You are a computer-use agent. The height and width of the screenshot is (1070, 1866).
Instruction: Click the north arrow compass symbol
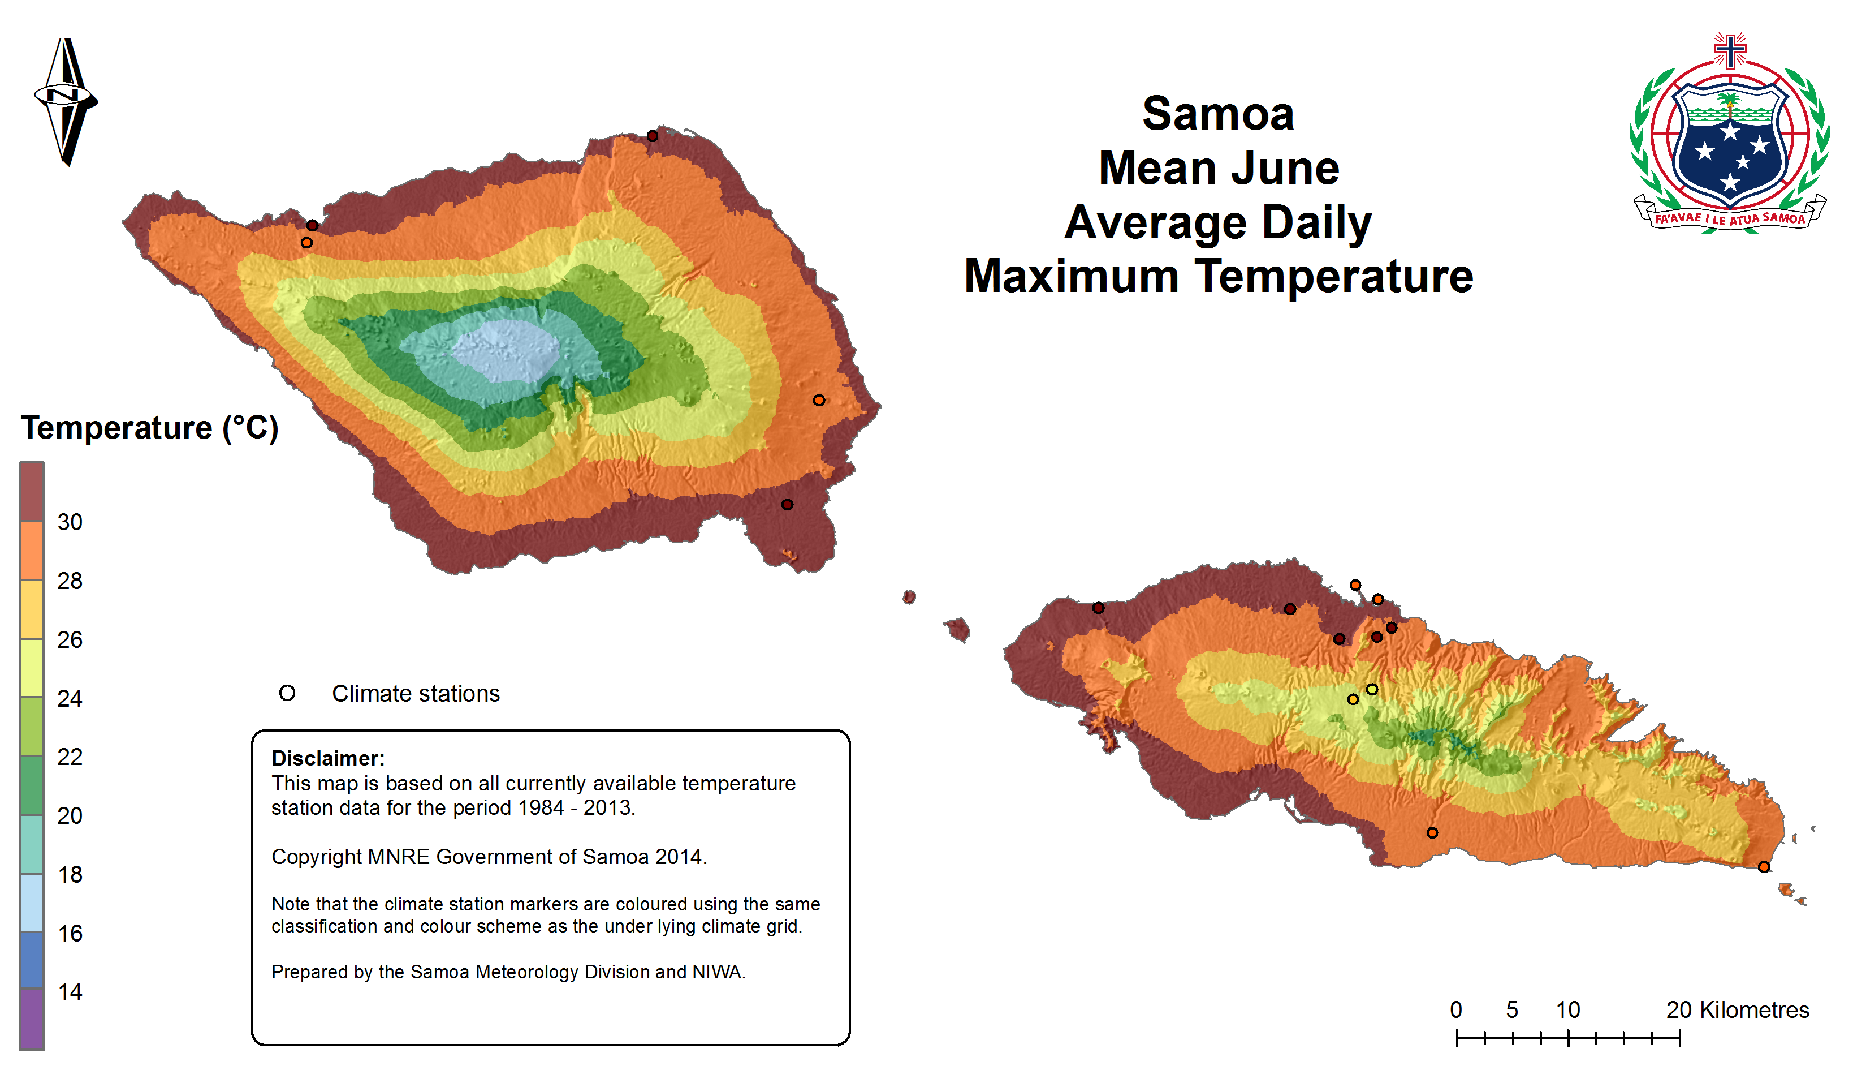point(66,101)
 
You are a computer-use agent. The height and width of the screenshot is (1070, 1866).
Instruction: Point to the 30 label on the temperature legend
point(70,522)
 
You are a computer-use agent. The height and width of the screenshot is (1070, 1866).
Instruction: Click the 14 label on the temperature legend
point(70,992)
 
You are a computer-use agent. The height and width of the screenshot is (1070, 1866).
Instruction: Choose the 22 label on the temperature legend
point(70,757)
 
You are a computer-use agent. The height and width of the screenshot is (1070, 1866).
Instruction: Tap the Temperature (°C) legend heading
point(150,428)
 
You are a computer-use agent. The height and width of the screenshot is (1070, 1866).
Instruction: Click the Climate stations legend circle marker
point(287,693)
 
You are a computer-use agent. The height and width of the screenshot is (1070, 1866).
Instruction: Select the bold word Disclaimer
point(327,758)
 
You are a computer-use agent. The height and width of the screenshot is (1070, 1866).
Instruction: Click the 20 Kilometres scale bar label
point(1737,1011)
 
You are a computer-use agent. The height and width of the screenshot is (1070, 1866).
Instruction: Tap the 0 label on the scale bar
point(1456,1011)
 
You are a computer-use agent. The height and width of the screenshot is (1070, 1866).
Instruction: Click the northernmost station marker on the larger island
point(652,136)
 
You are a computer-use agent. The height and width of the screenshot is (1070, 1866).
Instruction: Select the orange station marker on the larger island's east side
point(819,401)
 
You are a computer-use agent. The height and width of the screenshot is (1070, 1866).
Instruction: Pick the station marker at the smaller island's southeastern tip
point(1764,867)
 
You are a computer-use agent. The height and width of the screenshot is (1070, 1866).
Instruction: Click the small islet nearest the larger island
point(909,597)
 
